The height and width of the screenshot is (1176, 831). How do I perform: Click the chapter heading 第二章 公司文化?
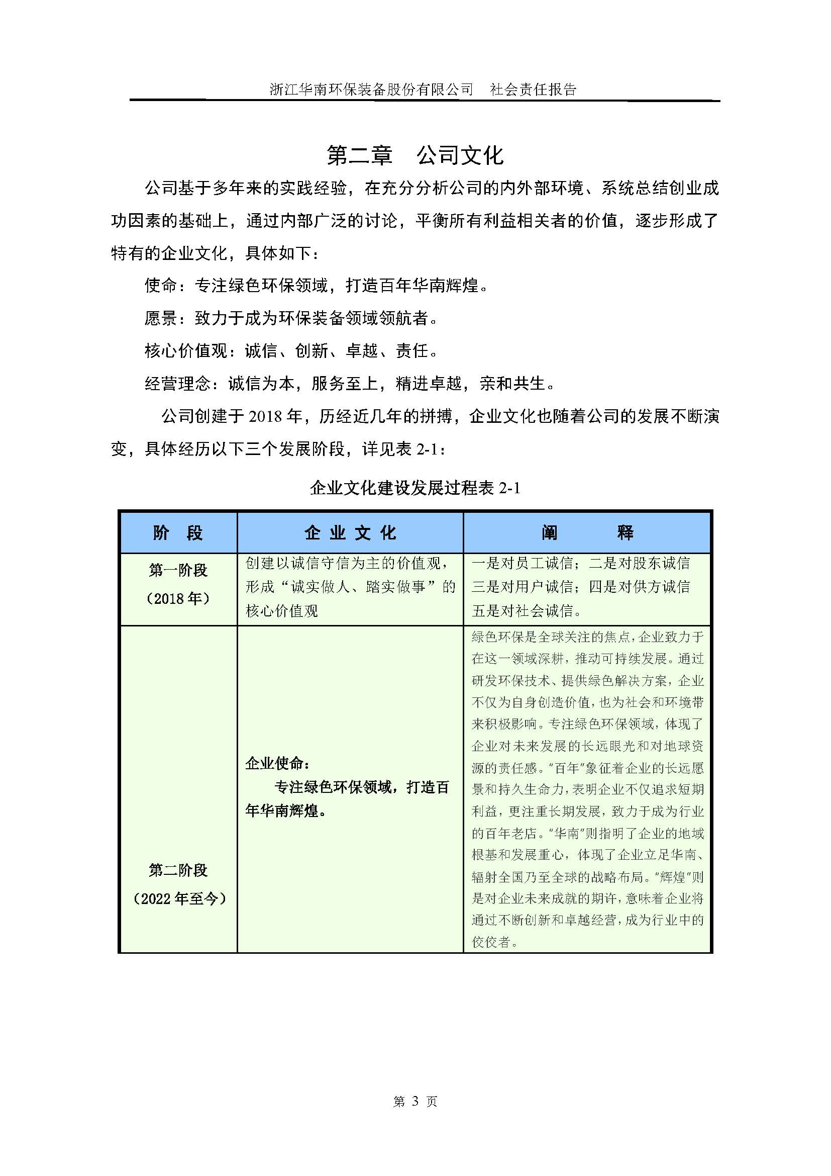coord(415,155)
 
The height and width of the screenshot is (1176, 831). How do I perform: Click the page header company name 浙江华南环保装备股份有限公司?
coord(371,89)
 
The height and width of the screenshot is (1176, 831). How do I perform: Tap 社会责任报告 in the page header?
coord(533,89)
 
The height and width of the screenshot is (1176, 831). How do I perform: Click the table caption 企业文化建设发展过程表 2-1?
coord(415,488)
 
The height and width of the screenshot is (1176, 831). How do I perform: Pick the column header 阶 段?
coord(178,532)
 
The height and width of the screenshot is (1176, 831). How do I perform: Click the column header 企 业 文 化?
coord(350,532)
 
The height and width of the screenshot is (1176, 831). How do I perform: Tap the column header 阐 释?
coord(587,532)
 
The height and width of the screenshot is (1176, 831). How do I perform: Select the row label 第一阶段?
coord(178,570)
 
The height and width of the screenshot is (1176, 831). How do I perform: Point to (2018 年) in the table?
coord(178,598)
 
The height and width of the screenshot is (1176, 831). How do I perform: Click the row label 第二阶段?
coord(178,870)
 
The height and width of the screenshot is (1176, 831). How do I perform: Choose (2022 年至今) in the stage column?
coord(179,898)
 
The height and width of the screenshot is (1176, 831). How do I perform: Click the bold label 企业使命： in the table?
coord(277,764)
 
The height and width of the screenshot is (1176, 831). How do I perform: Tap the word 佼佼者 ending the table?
coord(491,941)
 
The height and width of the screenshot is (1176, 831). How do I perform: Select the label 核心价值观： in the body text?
coord(186,351)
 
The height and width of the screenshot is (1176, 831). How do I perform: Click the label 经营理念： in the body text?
coord(177,383)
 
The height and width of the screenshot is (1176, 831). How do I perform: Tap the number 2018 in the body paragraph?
coord(266,416)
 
